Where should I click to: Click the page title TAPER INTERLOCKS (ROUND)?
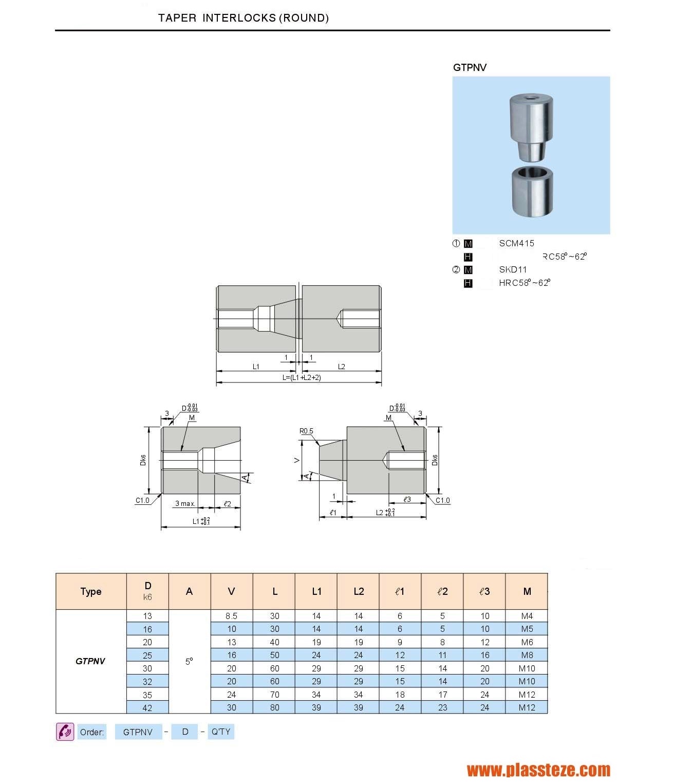point(243,18)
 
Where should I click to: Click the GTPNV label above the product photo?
point(470,67)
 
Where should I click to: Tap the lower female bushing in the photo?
point(532,191)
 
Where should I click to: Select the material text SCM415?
point(516,243)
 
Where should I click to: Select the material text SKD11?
point(513,269)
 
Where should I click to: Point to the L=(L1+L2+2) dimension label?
point(302,377)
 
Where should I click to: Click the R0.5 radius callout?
point(306,431)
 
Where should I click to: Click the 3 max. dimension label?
point(185,503)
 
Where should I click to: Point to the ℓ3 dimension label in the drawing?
point(407,499)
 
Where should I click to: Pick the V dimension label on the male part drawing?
point(296,460)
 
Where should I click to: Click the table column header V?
point(231,591)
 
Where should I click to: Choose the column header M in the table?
point(527,591)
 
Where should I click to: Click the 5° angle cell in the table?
point(189,661)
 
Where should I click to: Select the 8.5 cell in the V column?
point(231,616)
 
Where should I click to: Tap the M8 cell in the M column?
point(527,655)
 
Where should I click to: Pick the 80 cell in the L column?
point(274,707)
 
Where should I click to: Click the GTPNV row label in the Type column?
point(90,661)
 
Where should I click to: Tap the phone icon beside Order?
point(65,731)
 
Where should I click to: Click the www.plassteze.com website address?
point(538,770)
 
